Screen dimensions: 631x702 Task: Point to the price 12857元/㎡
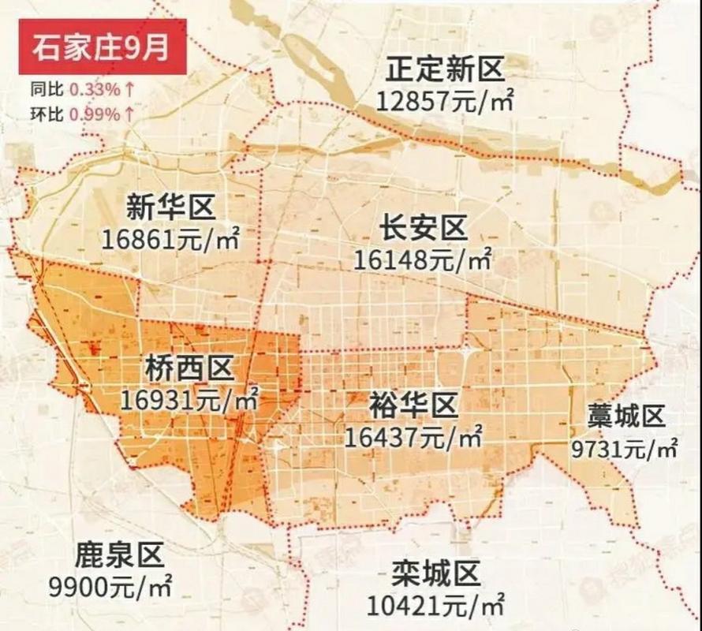[x=446, y=100]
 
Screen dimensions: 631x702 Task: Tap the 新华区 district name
[x=170, y=208]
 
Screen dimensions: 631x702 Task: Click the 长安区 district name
[x=424, y=230]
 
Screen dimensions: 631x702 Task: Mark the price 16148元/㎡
[x=424, y=259]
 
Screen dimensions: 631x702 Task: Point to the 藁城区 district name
[x=627, y=416]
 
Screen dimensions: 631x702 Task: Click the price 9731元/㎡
[x=624, y=448]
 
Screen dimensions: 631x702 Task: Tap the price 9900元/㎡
[x=110, y=587]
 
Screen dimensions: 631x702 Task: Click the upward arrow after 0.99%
[x=128, y=114]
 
